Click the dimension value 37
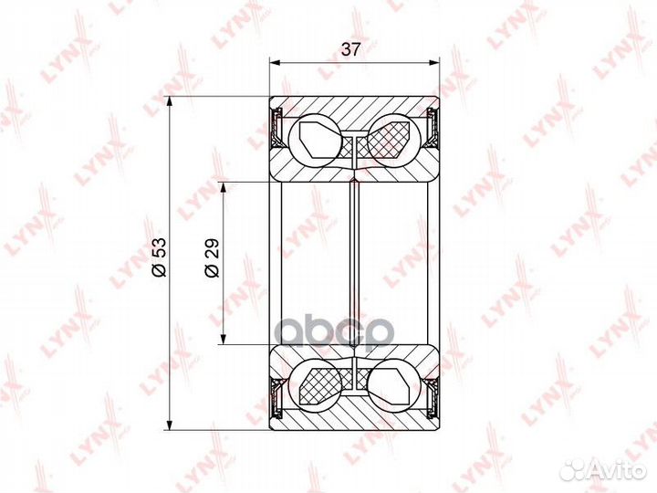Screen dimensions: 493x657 (351, 51)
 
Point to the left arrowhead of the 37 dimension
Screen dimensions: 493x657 (275, 63)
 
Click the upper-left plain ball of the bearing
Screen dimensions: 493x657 (314, 138)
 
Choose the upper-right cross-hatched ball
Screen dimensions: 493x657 (393, 138)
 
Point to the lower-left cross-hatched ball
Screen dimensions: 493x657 (314, 386)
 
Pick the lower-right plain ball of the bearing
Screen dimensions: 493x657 (393, 386)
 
